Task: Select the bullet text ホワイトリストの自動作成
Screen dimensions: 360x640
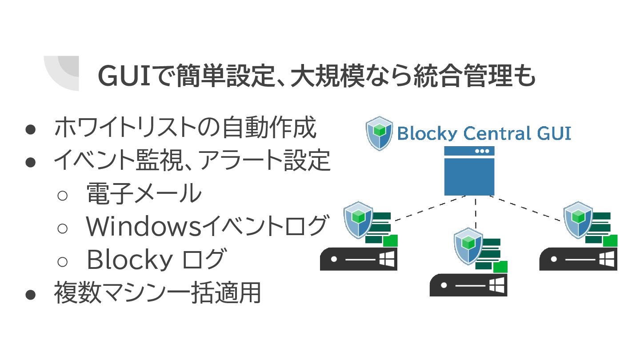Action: [185, 128]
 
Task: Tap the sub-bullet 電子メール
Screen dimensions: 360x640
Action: [144, 194]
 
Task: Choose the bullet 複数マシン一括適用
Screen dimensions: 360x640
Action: [157, 293]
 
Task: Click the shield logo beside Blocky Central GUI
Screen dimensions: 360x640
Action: [379, 133]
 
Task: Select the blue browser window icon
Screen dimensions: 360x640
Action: [469, 171]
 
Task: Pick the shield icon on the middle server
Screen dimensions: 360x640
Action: [468, 245]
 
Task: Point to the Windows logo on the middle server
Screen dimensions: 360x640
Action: [496, 285]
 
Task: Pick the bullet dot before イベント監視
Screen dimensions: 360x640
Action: [30, 161]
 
